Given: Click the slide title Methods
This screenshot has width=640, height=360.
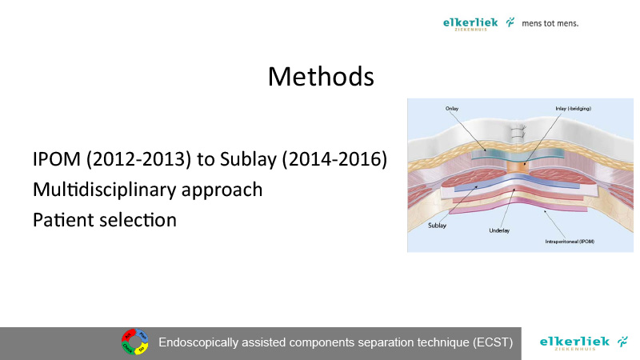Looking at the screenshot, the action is (x=321, y=76).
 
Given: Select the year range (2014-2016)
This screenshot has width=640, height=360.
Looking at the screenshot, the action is (x=334, y=158).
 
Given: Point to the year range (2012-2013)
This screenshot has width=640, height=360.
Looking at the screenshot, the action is (x=138, y=158).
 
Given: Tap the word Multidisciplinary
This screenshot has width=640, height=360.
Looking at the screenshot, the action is (x=104, y=190).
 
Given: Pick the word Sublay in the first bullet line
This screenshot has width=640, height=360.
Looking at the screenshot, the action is (x=248, y=159).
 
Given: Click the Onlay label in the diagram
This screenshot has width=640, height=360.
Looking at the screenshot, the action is (x=452, y=109).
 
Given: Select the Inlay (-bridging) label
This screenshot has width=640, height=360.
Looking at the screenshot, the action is (x=573, y=109).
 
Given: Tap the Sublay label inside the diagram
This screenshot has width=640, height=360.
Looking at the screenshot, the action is (x=437, y=226).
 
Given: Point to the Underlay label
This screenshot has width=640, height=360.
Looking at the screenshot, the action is (x=499, y=230).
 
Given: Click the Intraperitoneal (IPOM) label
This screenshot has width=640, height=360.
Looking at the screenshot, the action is (x=570, y=242).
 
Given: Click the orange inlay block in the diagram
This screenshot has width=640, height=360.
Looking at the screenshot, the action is (x=518, y=166).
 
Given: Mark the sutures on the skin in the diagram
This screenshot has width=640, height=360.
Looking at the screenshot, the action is (x=518, y=133).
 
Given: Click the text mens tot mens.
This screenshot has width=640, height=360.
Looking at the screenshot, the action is (x=550, y=24).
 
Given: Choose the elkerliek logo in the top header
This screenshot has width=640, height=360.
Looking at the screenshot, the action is (x=478, y=24).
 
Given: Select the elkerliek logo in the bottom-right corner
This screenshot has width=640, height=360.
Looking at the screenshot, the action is (x=584, y=343).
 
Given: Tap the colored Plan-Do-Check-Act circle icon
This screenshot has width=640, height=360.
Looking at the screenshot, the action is (x=135, y=342).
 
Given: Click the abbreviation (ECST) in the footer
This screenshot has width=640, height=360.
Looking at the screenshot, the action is (x=493, y=342).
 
